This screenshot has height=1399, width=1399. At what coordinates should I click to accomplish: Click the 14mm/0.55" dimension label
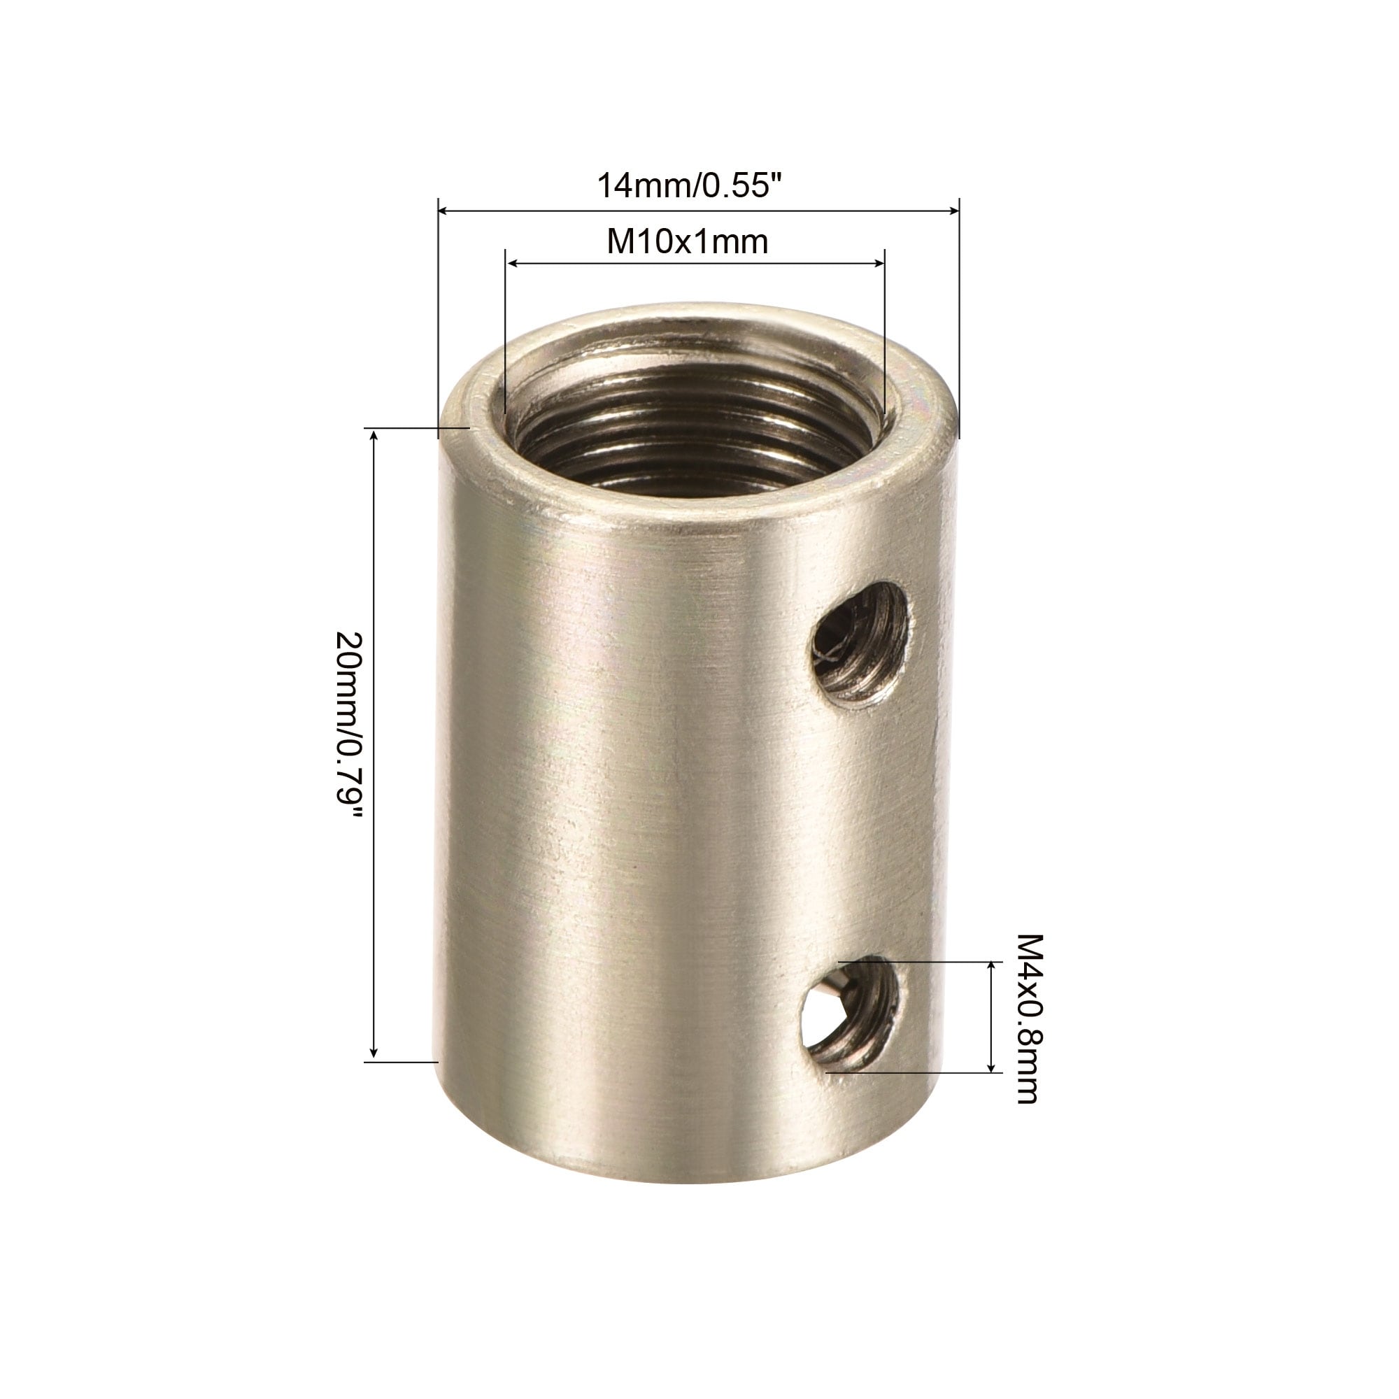point(691,185)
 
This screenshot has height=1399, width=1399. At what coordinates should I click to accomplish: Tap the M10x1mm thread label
point(687,241)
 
